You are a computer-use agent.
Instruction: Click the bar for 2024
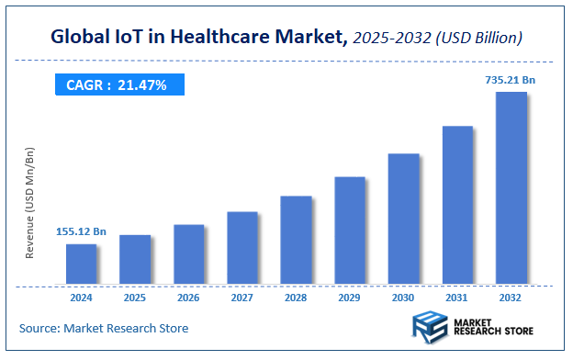(x=81, y=264)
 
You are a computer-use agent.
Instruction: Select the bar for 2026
(x=188, y=253)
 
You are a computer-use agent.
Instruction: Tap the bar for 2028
(x=296, y=240)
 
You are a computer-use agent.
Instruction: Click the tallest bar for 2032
(x=511, y=187)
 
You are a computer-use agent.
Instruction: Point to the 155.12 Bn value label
(x=81, y=231)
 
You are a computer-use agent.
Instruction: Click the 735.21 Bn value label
(x=510, y=80)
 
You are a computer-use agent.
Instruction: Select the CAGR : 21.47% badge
(x=117, y=84)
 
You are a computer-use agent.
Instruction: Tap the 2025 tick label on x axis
(x=135, y=298)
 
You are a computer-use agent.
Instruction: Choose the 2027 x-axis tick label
(x=242, y=298)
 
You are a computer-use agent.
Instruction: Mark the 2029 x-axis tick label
(x=350, y=298)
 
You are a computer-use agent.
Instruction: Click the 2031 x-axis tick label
(x=457, y=298)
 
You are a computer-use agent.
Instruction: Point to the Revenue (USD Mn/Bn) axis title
(x=29, y=202)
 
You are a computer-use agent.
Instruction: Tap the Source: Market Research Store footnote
(x=104, y=328)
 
